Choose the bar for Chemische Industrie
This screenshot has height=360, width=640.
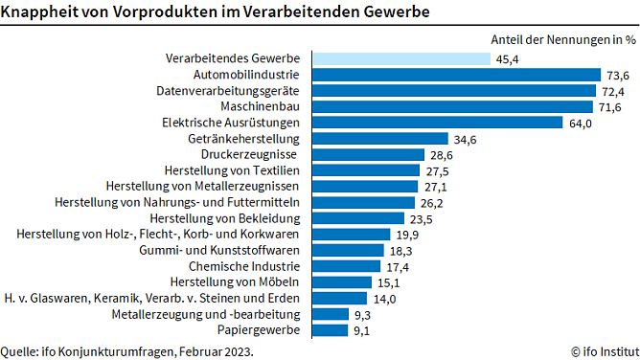tap(347, 266)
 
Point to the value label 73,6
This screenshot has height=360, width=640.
tap(617, 75)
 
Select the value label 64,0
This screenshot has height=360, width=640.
tap(582, 123)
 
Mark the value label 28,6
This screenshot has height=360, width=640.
tap(442, 154)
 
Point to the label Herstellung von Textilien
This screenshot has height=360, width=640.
tap(234, 170)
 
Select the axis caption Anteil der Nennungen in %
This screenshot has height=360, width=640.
tap(562, 39)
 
